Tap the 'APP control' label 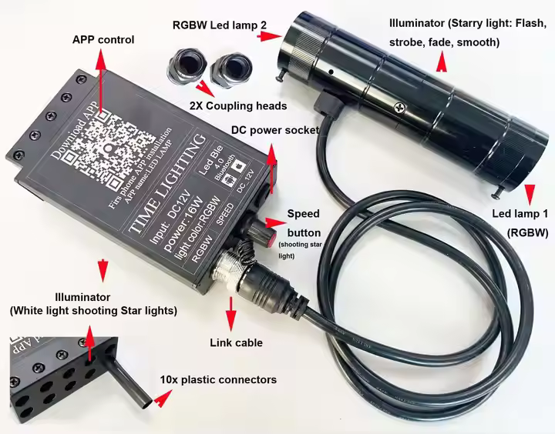tap(103, 40)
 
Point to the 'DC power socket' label tap(275, 130)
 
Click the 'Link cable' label tap(236, 342)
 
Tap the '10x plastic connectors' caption tap(218, 380)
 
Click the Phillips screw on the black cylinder tap(399, 109)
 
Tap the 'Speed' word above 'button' tap(303, 213)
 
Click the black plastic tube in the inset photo tap(128, 381)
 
